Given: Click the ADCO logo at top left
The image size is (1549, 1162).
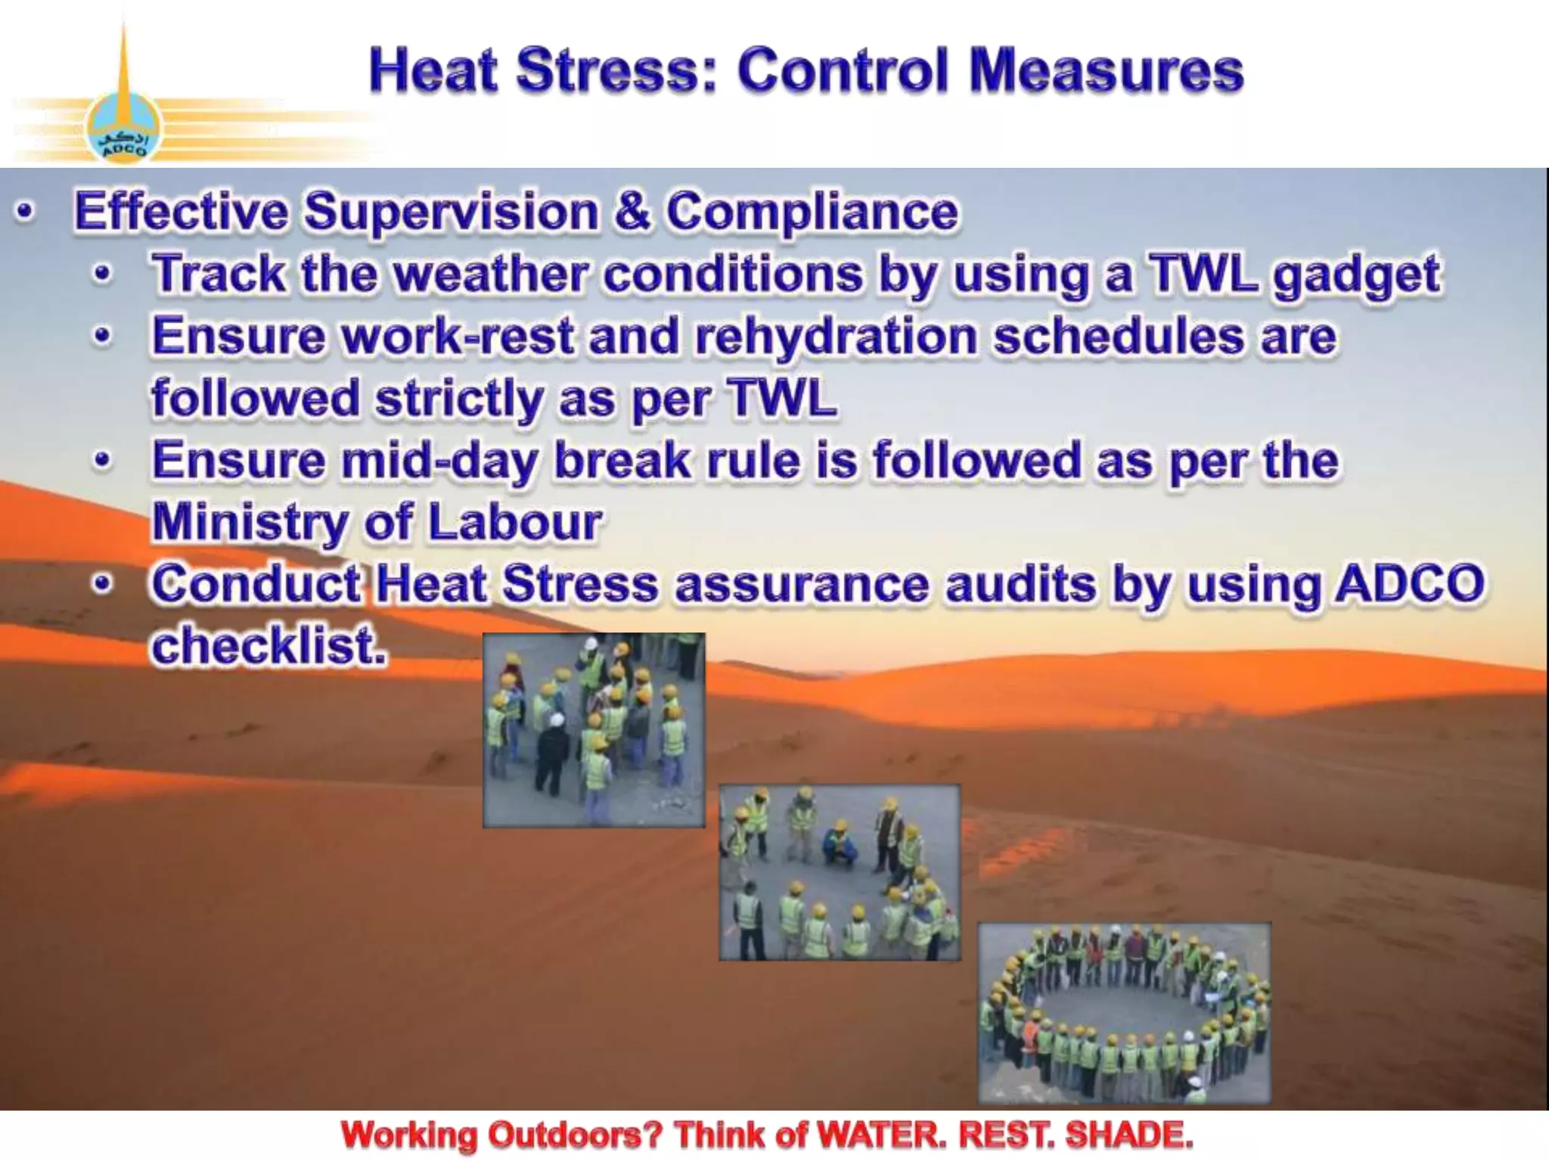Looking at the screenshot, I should tap(123, 129).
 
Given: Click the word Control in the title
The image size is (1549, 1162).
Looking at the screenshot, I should tap(843, 71).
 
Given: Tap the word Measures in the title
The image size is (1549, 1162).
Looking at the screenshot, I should tap(1106, 71).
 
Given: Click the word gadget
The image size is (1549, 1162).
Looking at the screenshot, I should tap(1357, 275).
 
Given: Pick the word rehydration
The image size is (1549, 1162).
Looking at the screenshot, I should tap(836, 337).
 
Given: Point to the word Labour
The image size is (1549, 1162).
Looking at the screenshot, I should tap(515, 522).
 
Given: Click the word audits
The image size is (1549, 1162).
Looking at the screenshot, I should tap(1020, 585).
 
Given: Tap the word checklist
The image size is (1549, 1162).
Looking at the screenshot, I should tap(269, 647).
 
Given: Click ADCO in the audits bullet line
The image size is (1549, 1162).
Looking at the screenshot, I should tap(1410, 584).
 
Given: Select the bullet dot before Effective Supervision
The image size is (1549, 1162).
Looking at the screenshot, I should tap(25, 212).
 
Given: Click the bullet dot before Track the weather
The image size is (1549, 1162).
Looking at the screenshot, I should tap(103, 274).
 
